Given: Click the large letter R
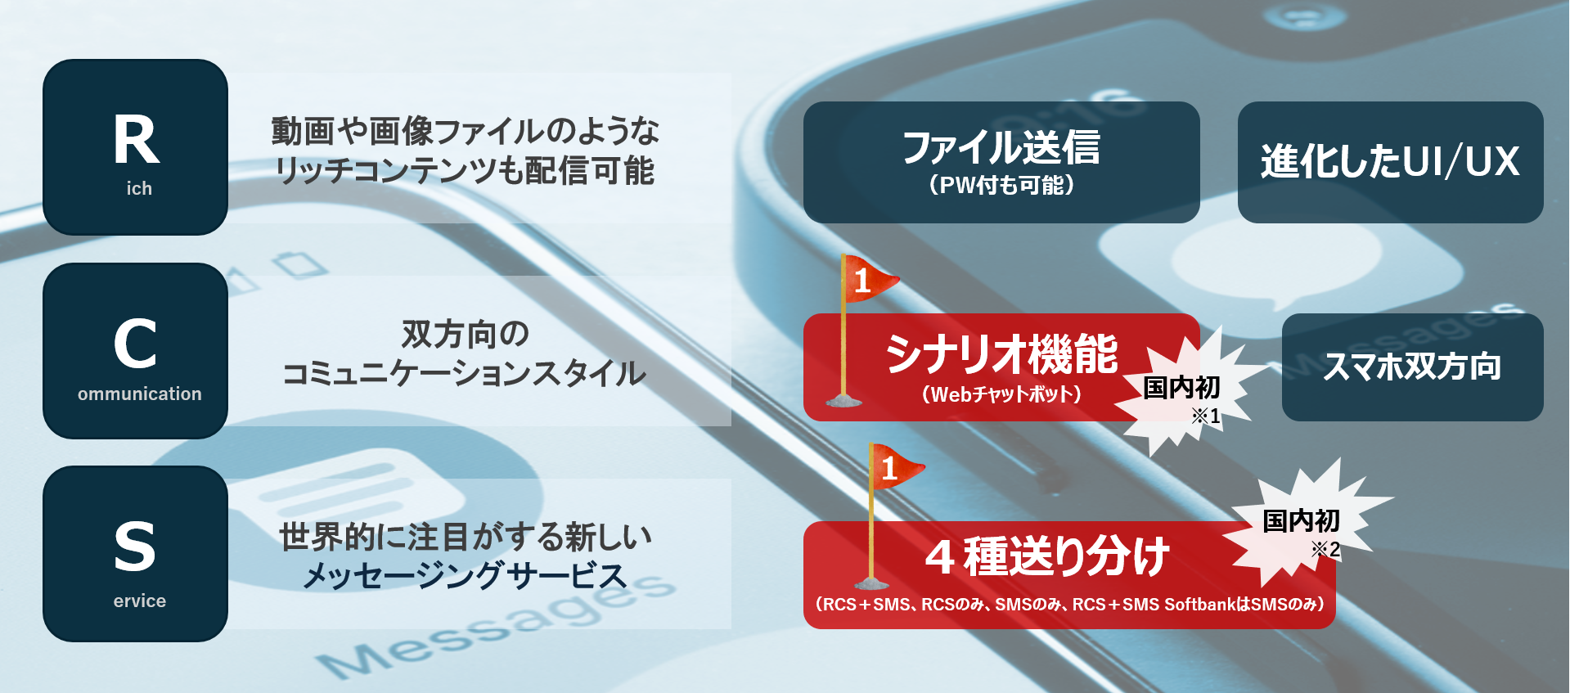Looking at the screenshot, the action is click(x=136, y=139).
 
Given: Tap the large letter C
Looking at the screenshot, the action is click(x=135, y=344).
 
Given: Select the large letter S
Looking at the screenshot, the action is click(x=135, y=547).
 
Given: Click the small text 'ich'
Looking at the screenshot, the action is click(x=139, y=189).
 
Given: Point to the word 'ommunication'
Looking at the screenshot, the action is click(x=139, y=394).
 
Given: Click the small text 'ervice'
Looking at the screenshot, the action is click(x=139, y=601).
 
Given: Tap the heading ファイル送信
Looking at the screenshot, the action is click(x=1001, y=147).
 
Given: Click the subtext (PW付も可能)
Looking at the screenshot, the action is click(x=1001, y=186).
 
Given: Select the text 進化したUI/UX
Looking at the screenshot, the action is click(x=1390, y=161).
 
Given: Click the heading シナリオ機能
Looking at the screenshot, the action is click(x=1001, y=354).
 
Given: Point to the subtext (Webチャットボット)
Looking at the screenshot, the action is click(x=1001, y=394).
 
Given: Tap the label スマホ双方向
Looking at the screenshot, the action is click(x=1412, y=367).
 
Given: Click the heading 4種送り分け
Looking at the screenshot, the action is click(x=1047, y=556).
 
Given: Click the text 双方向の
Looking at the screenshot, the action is click(x=465, y=334).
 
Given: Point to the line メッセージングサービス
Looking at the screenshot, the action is click(x=465, y=576).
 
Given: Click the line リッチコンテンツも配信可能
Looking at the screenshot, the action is click(x=465, y=171).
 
